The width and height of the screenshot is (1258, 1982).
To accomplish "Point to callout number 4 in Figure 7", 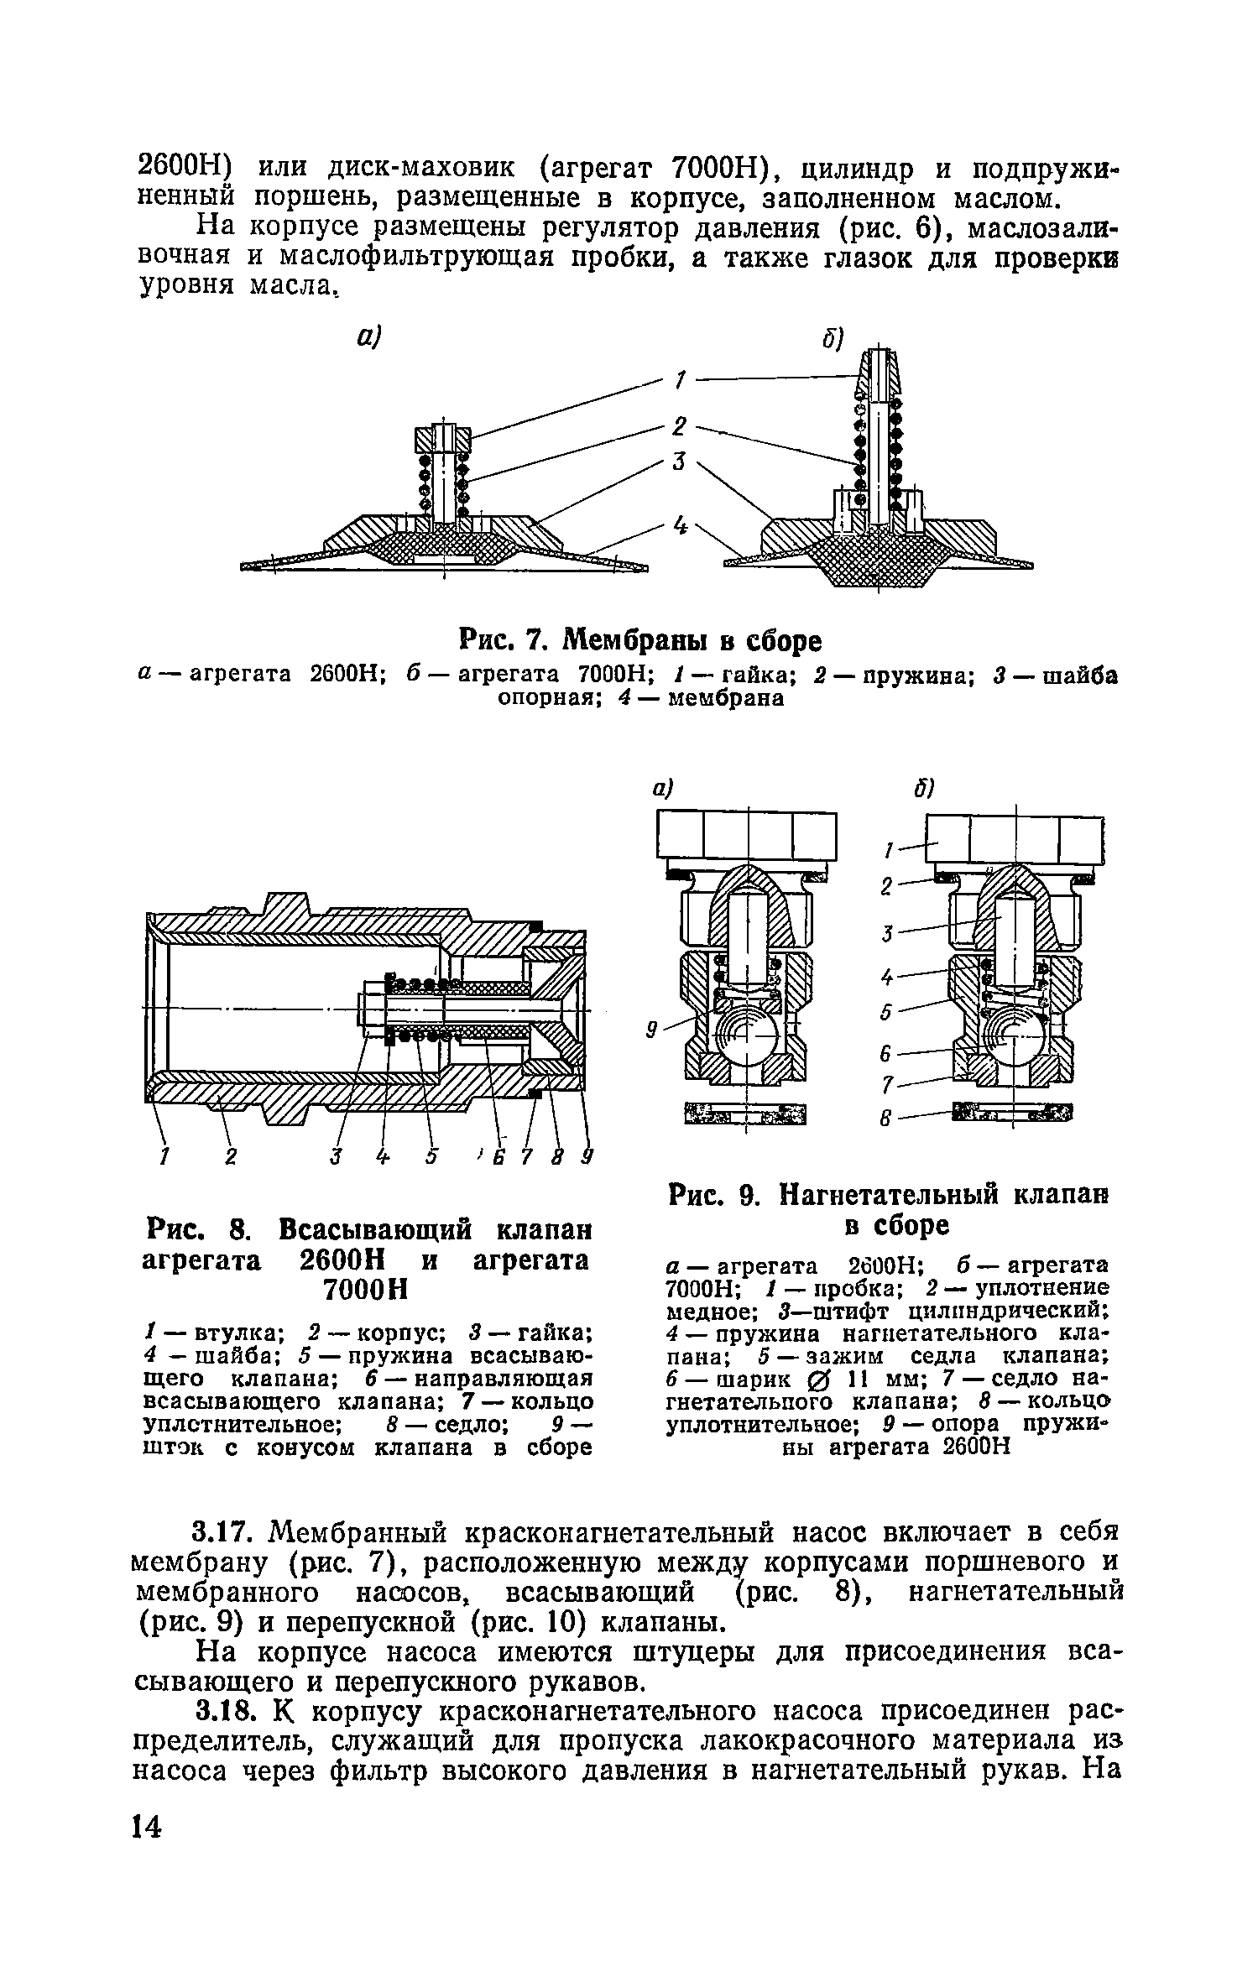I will tap(681, 526).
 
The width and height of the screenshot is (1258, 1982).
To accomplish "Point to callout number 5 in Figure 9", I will tap(885, 1013).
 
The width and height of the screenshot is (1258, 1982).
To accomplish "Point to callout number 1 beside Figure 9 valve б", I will tap(888, 852).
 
